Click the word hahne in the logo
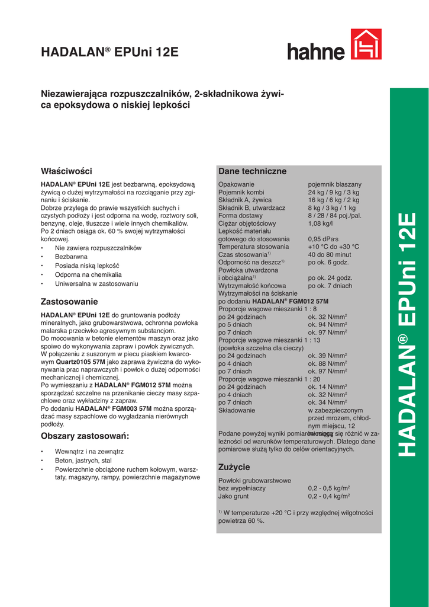pos(316,52)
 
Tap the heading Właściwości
pos(66,171)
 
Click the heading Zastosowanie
pos(69,301)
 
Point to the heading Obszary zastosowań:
pos(85,436)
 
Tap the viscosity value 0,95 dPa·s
pos(324,239)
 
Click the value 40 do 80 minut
pos(330,254)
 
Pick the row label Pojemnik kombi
pos(241,193)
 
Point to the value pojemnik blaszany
pos(334,185)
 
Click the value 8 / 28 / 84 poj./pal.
pos(334,216)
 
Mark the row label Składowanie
pos(237,410)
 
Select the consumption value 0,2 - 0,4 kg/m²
pos(329,496)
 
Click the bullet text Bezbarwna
pos(71,257)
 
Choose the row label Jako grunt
pos(233,496)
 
